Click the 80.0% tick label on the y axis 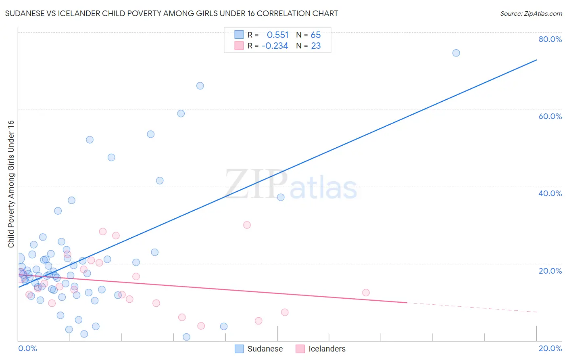point(550,39)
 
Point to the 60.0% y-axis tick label point(550,116)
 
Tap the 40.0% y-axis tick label point(550,193)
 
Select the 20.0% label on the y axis point(550,271)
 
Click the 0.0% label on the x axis point(27,348)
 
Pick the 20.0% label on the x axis point(550,348)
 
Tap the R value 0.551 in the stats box point(277,35)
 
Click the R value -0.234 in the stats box point(275,46)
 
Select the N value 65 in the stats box point(315,35)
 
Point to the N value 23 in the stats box point(315,46)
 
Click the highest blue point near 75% point(456,53)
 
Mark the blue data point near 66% point(200,86)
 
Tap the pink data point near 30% point(247,225)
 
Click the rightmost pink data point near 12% point(366,293)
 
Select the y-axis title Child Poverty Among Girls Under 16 point(11,184)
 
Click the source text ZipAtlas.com point(531,14)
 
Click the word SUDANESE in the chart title point(25,14)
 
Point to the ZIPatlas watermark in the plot point(291,185)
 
